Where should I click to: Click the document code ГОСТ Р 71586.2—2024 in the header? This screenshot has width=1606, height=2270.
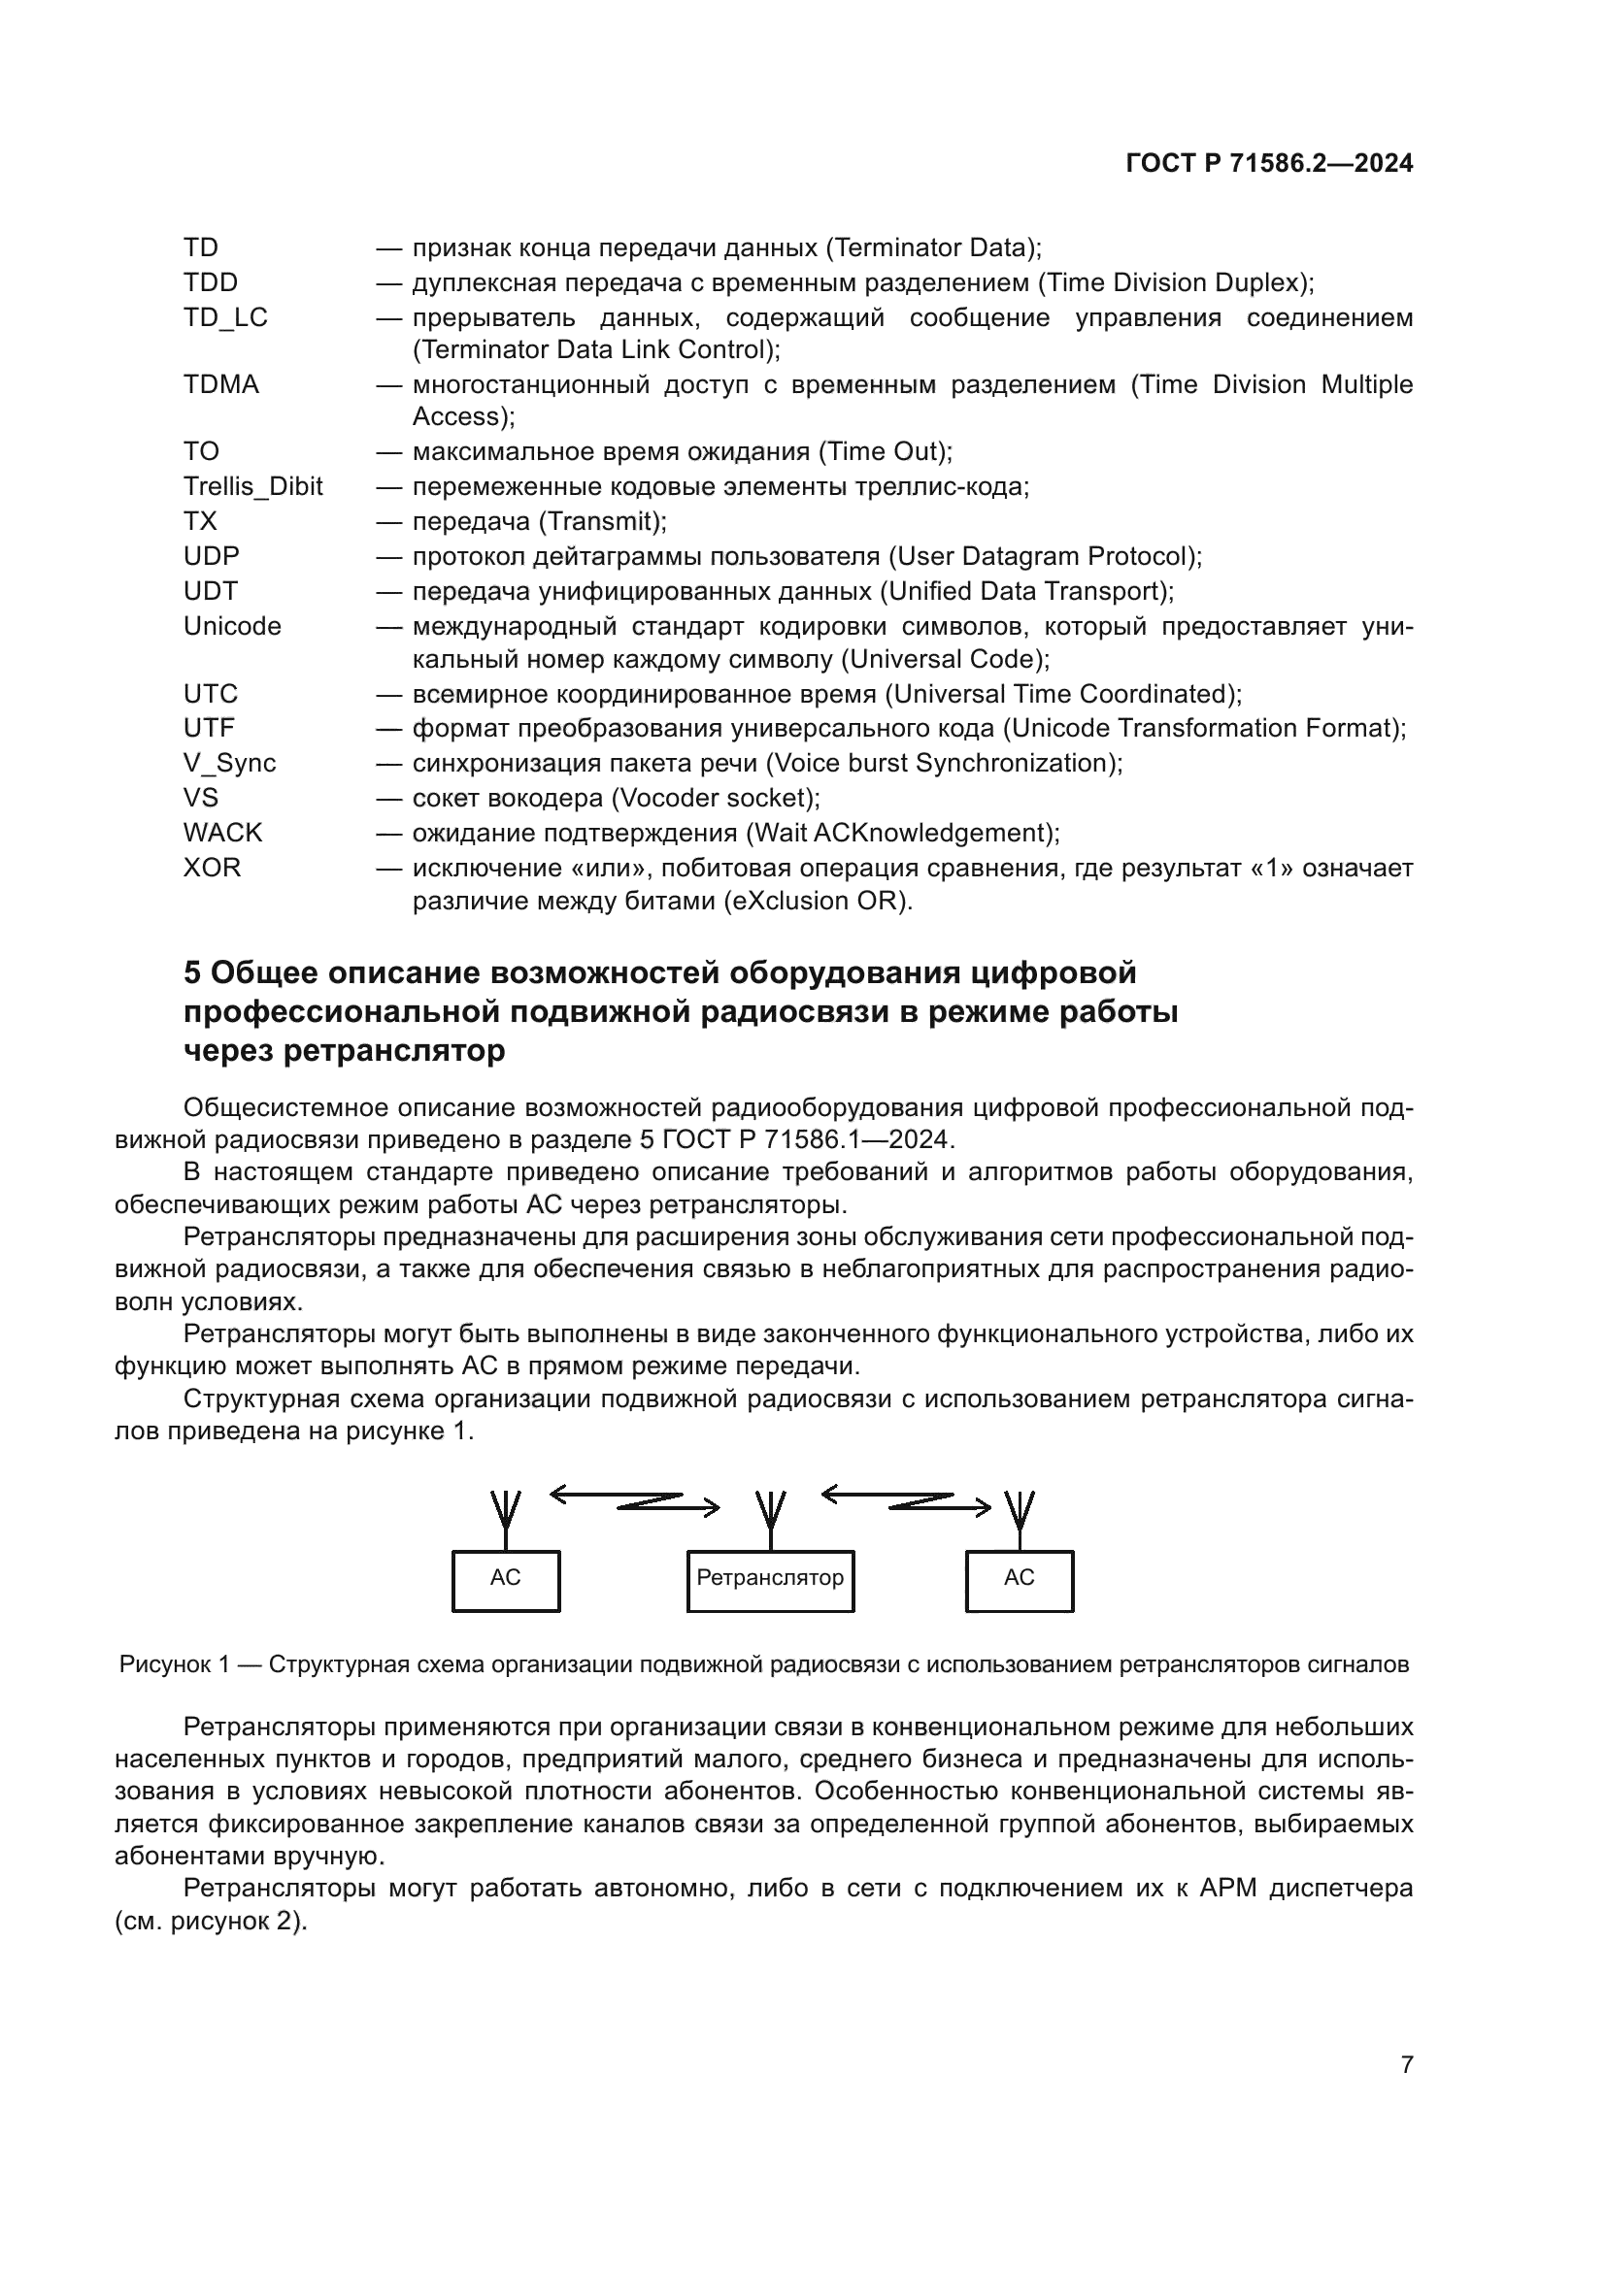pyautogui.click(x=1269, y=164)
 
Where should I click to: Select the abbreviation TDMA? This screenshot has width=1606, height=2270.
pyautogui.click(x=220, y=384)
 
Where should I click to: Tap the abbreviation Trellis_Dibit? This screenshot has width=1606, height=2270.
pyautogui.click(x=253, y=486)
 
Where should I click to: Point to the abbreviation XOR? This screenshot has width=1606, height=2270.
pyautogui.click(x=212, y=867)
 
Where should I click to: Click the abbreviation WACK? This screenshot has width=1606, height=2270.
pyautogui.click(x=222, y=833)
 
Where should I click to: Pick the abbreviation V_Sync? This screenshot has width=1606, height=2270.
pyautogui.click(x=229, y=763)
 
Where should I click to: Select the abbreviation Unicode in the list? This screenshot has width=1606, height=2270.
pyautogui.click(x=232, y=627)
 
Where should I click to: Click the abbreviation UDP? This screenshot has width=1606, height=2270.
pyautogui.click(x=211, y=557)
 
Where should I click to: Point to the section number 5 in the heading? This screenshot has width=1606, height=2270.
pyautogui.click(x=192, y=972)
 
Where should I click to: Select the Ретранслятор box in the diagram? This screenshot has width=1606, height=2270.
pyautogui.click(x=770, y=1582)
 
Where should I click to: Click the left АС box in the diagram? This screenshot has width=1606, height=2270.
pyautogui.click(x=505, y=1582)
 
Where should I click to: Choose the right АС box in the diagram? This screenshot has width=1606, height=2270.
pyautogui.click(x=1019, y=1582)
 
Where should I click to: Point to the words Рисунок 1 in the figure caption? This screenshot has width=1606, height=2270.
pyautogui.click(x=174, y=1665)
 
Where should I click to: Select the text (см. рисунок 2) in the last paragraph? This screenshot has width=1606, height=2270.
pyautogui.click(x=211, y=1922)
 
